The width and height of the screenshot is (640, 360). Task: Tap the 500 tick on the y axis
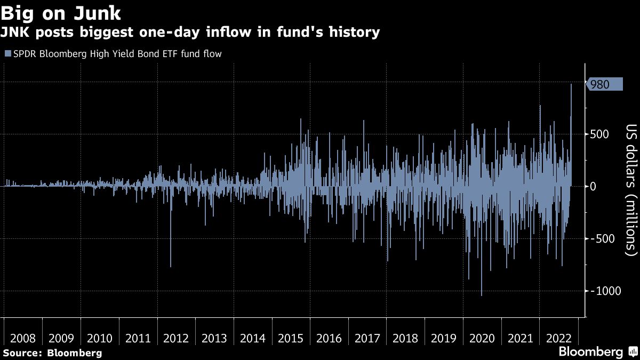tap(599, 134)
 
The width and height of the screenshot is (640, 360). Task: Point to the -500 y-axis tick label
tap(602, 238)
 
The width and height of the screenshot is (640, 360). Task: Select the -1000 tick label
tap(605, 291)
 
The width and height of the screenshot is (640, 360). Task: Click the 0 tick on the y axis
tap(593, 187)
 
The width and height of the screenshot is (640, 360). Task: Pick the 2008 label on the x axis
tap(23, 338)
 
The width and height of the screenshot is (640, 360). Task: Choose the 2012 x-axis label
tap(176, 338)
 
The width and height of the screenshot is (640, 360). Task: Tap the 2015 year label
tap(291, 338)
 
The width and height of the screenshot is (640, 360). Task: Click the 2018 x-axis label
tap(405, 338)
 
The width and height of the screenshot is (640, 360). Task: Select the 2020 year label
tap(482, 338)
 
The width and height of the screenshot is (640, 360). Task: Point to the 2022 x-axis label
tap(558, 338)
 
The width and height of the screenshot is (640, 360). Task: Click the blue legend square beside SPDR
tap(8, 53)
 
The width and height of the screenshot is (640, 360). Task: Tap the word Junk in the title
tap(98, 13)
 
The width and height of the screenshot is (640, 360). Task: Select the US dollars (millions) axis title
tap(631, 190)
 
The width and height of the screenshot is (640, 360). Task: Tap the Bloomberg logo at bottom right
tap(599, 351)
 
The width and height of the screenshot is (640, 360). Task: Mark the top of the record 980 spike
tap(571, 84)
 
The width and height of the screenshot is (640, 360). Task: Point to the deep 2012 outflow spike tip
tap(171, 267)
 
